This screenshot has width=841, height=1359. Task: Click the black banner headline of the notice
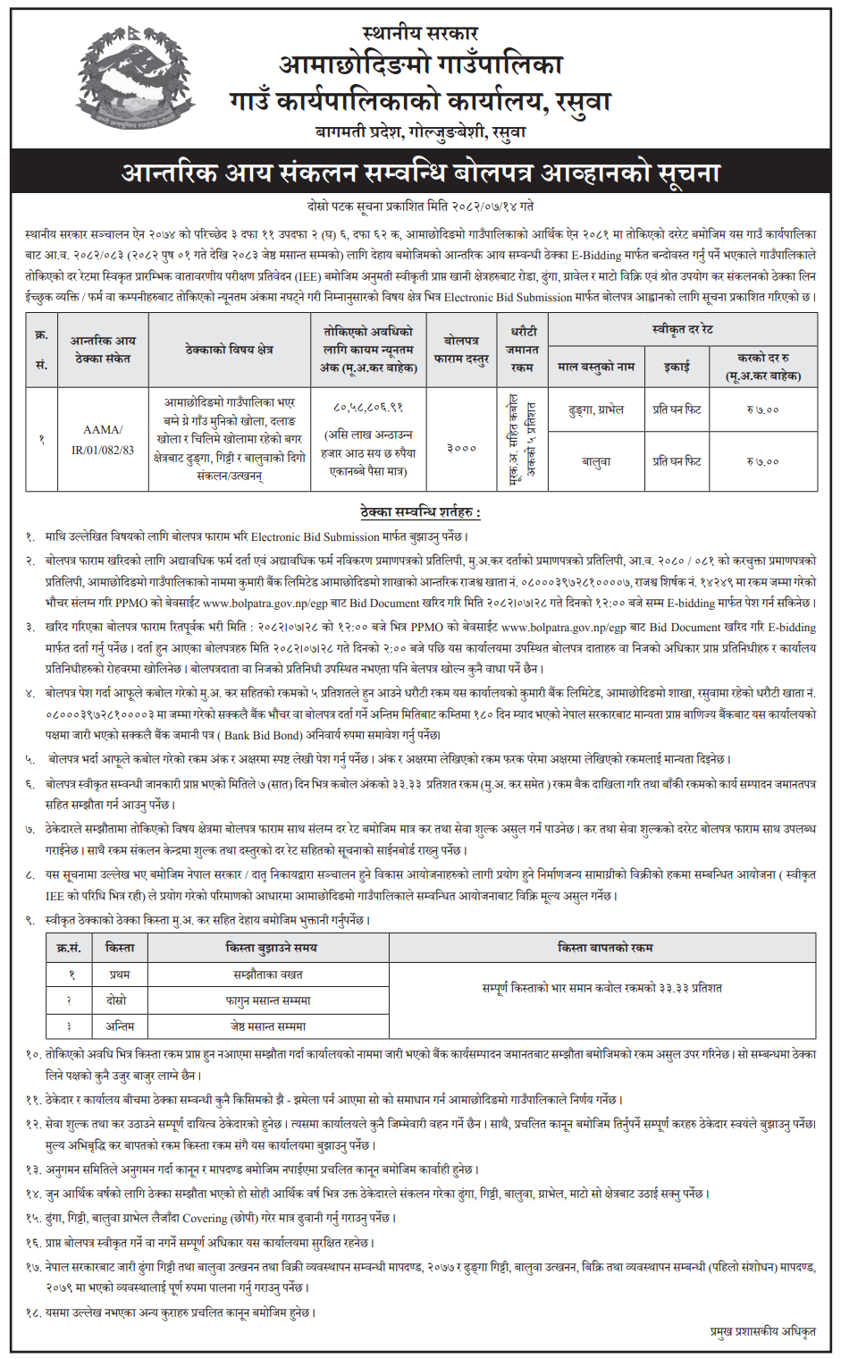(x=420, y=172)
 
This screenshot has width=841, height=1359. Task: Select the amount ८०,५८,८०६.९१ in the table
(x=367, y=407)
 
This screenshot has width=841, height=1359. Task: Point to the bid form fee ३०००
(x=461, y=447)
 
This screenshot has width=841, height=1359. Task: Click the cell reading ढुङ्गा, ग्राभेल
(x=596, y=409)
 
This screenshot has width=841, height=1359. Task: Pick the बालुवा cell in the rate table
(x=596, y=461)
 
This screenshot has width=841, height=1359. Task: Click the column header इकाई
(x=677, y=367)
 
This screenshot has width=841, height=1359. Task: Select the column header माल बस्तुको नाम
(x=596, y=367)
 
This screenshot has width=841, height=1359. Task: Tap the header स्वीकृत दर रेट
(x=682, y=330)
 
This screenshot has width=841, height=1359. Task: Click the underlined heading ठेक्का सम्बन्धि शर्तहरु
(x=420, y=512)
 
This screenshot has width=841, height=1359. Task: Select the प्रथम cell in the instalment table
(x=119, y=975)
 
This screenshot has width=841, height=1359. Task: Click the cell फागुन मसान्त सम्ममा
(x=268, y=1000)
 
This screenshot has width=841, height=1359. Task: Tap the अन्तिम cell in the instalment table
(x=119, y=1026)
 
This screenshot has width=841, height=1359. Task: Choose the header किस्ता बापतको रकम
(x=605, y=948)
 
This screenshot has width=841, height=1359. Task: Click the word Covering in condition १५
(x=205, y=1218)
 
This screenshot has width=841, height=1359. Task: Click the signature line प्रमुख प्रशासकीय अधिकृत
(x=762, y=1332)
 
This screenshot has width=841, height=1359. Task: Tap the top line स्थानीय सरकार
(x=420, y=33)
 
